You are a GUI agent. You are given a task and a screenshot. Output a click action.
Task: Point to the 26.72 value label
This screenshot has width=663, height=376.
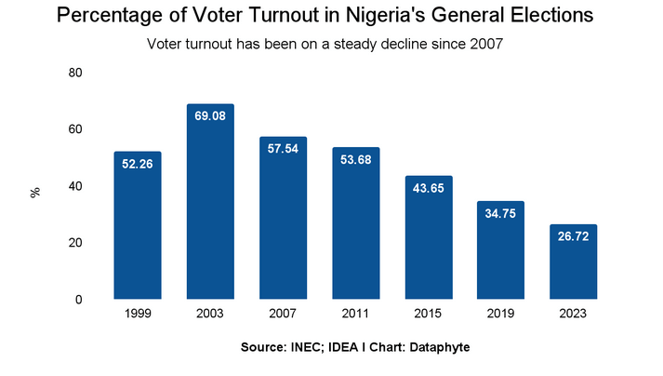573,237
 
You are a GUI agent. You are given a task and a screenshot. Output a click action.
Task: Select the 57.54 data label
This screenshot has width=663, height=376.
283,149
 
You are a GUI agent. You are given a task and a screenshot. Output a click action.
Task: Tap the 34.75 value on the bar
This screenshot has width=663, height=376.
500,214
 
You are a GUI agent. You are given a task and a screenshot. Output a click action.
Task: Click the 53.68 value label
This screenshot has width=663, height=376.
355,160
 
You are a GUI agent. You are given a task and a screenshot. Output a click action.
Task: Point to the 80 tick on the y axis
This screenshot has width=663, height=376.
76,73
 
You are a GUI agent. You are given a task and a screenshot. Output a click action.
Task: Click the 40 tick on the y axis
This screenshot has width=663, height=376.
76,186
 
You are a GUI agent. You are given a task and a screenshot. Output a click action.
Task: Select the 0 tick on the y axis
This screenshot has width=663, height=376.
80,300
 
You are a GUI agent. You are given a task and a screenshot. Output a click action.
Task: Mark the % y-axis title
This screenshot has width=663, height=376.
35,192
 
